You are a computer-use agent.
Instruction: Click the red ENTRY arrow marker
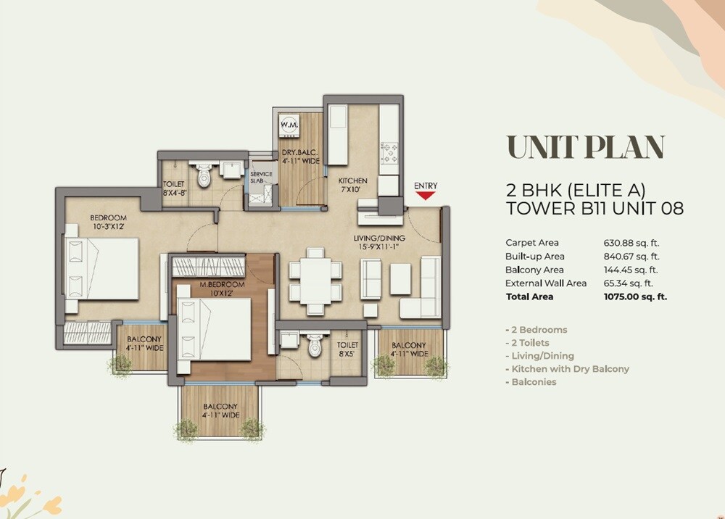pyautogui.click(x=426, y=194)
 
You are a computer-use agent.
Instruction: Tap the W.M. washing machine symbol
pyautogui.click(x=290, y=125)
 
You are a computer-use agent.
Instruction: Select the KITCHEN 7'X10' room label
pyautogui.click(x=352, y=185)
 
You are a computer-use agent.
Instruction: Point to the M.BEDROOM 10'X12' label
pyautogui.click(x=221, y=288)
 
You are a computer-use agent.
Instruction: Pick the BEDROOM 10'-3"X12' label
pyautogui.click(x=108, y=223)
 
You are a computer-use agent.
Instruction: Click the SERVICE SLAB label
pyautogui.click(x=261, y=178)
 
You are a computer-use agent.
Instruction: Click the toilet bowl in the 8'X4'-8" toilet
pyautogui.click(x=203, y=174)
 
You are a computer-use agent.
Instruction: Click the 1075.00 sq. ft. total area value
pyautogui.click(x=635, y=296)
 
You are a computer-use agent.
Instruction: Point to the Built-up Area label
pyautogui.click(x=534, y=257)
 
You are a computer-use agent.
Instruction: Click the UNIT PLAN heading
pyautogui.click(x=585, y=146)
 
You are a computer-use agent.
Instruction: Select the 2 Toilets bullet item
pyautogui.click(x=527, y=343)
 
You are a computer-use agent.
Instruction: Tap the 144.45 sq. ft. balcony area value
pyautogui.click(x=631, y=270)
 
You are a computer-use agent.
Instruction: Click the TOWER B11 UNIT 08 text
pyautogui.click(x=594, y=209)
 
